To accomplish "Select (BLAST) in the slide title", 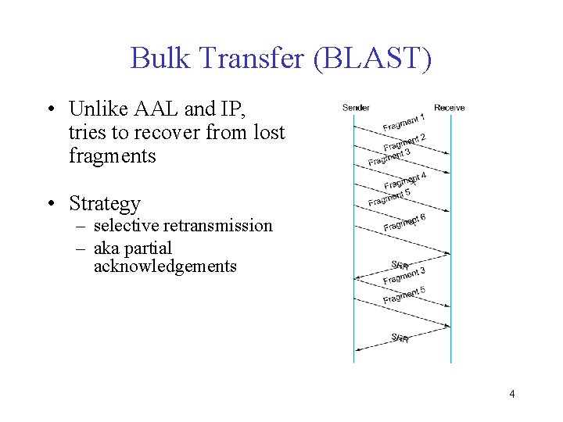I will (371, 59).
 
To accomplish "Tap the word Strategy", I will (105, 204).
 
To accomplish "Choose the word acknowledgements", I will (165, 266).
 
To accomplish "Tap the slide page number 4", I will (511, 394).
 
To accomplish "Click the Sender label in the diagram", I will (356, 107).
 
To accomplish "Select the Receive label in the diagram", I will (450, 107).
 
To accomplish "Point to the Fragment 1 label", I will (403, 122).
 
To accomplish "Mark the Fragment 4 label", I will (404, 181).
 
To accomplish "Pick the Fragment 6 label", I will (404, 223).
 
